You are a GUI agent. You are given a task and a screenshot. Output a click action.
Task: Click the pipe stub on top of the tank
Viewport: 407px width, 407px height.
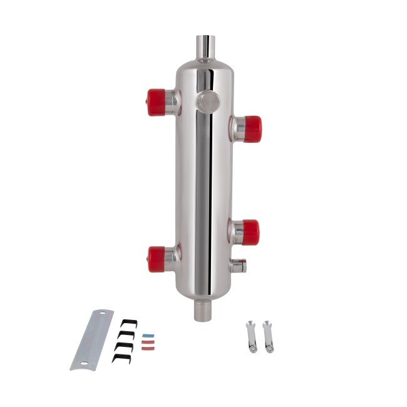pyautogui.click(x=205, y=47)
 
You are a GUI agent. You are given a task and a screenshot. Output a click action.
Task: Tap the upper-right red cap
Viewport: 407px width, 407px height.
pyautogui.click(x=252, y=128)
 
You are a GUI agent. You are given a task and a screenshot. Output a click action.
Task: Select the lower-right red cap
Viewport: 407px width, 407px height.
pyautogui.click(x=250, y=232)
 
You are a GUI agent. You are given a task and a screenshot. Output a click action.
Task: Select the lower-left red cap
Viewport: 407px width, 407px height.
pyautogui.click(x=157, y=259)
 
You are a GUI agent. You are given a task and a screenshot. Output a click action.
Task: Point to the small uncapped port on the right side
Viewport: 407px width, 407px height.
pyautogui.click(x=239, y=266)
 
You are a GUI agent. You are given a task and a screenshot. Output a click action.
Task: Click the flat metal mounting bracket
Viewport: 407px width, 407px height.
pyautogui.click(x=91, y=339)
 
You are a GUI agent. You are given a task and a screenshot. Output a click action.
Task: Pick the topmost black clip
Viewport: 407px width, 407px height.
pyautogui.click(x=129, y=323)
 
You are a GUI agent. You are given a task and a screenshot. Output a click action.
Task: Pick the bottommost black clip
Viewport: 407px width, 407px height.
pyautogui.click(x=121, y=358)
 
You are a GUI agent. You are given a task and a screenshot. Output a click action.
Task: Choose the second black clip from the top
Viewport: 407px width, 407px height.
pyautogui.click(x=126, y=334)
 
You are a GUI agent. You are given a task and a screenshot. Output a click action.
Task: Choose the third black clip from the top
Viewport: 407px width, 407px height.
pyautogui.click(x=124, y=346)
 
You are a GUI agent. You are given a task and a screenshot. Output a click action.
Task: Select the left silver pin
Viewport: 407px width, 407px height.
pyautogui.click(x=251, y=336)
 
